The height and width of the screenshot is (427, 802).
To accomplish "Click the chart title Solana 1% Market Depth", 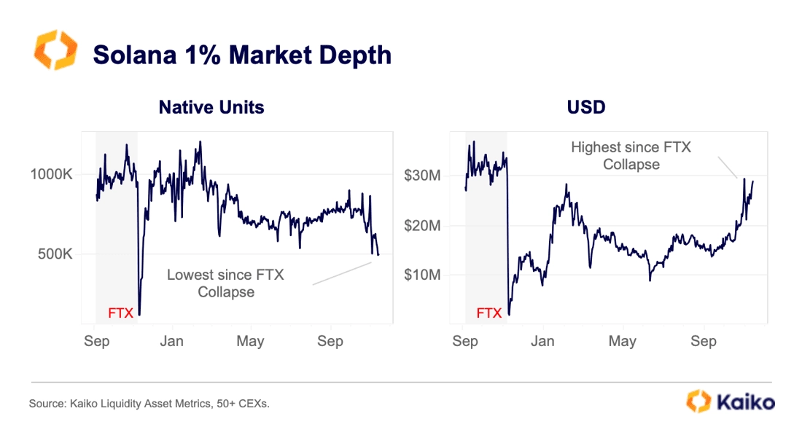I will [241, 55].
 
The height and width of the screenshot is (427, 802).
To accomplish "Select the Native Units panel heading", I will [211, 108].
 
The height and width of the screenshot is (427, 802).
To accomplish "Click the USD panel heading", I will [586, 108].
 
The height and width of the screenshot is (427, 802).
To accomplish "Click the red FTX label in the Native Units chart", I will [120, 313].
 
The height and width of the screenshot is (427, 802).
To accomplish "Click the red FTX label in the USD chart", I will [489, 313].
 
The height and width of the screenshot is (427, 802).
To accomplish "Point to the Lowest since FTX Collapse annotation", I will [225, 283].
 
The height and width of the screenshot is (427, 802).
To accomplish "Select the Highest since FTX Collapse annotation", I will [631, 156].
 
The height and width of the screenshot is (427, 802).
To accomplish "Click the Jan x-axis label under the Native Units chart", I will [172, 341].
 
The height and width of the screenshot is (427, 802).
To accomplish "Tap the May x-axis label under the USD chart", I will [622, 341].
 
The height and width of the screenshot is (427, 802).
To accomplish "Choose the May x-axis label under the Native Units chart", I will [251, 341].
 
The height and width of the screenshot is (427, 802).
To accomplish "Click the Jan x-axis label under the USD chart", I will [542, 341].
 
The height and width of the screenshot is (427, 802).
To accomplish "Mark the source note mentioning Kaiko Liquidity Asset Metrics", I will [149, 403].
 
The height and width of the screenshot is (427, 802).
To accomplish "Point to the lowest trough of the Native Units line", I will [139, 314].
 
